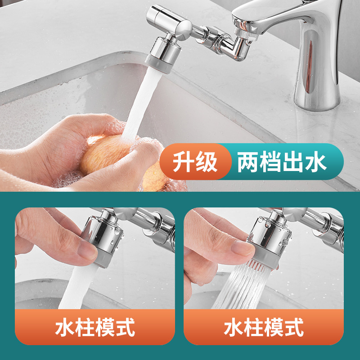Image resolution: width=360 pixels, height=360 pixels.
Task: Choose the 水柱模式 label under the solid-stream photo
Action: [95, 327]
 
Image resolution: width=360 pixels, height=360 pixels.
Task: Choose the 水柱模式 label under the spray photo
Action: [264, 327]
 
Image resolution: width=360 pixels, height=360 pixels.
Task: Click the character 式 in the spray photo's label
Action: [295, 327]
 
